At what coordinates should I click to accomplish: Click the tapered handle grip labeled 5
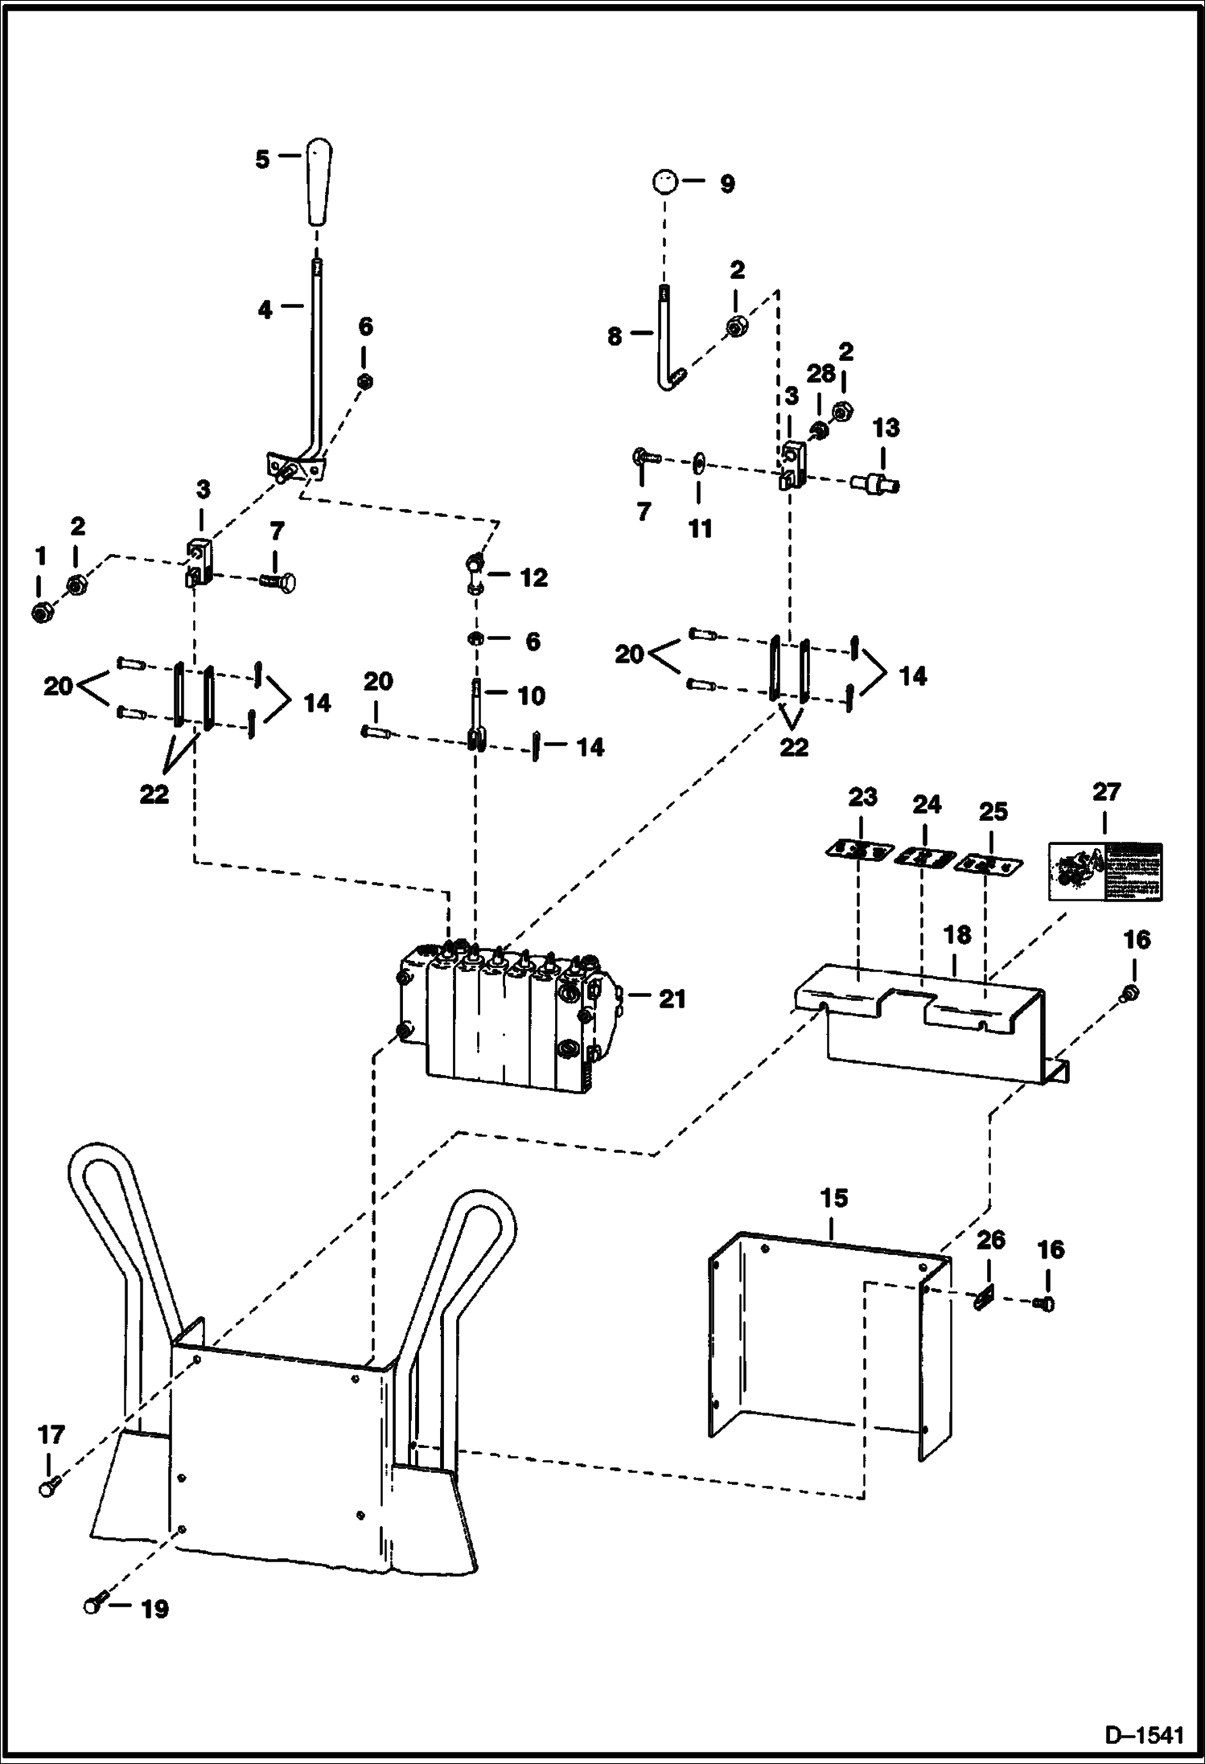pos(319,183)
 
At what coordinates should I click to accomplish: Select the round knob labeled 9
pos(665,183)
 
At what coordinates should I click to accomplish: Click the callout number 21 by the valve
pos(672,999)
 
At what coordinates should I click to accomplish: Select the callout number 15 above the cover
pos(834,1199)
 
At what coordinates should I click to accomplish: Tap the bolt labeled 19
pos(92,1606)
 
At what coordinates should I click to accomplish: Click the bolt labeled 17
pos(48,1488)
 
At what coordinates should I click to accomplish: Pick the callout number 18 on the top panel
pos(958,935)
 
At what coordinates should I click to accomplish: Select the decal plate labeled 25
pos(988,865)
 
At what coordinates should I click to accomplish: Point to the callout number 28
pos(820,374)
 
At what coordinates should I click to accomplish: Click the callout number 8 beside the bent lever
pos(615,336)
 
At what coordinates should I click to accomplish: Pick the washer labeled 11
pos(697,466)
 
